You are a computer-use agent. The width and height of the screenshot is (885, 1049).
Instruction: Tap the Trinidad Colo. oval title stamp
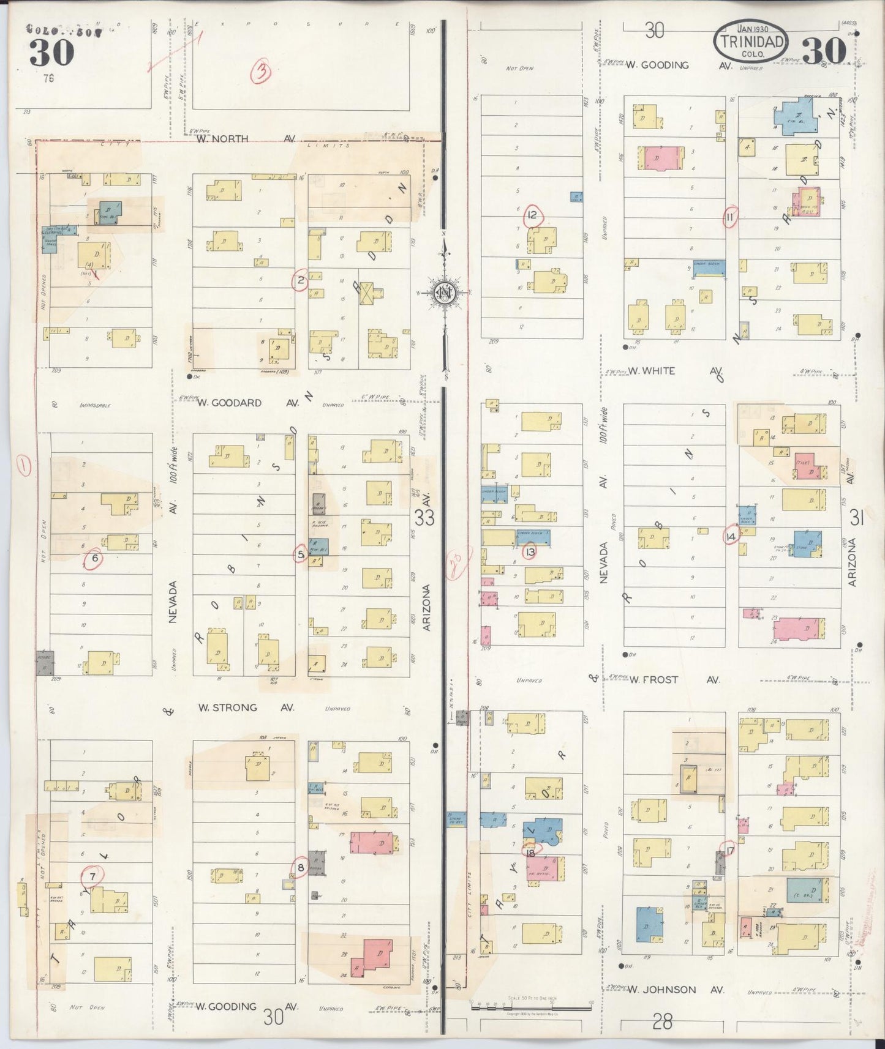(751, 40)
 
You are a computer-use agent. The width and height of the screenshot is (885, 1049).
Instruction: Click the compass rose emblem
(442, 293)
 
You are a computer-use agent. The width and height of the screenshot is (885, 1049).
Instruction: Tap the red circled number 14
(730, 537)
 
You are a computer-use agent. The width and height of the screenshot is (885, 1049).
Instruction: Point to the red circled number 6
(94, 558)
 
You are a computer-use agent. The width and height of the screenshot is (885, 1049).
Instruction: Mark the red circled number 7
(92, 876)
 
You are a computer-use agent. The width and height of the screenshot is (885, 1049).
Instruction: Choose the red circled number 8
(300, 867)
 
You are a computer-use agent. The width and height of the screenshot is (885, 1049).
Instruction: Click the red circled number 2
(300, 282)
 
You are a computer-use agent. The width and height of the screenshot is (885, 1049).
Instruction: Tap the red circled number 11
(730, 217)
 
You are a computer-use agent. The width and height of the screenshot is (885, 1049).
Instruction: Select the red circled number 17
(729, 849)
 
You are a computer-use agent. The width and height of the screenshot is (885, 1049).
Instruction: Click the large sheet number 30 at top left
(51, 53)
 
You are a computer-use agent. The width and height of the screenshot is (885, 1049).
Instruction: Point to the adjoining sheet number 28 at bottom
(662, 1021)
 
